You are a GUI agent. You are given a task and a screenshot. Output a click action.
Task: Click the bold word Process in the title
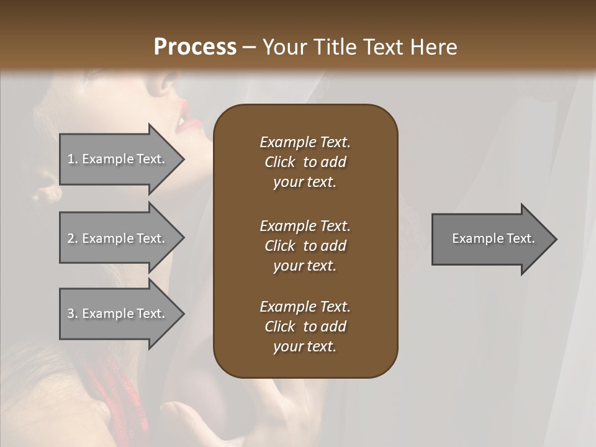tap(195, 47)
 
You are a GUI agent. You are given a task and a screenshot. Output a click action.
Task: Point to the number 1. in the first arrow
tap(73, 159)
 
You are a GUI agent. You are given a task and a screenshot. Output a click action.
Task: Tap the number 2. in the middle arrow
tap(73, 238)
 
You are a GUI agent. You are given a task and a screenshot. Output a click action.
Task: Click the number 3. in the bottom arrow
tap(73, 314)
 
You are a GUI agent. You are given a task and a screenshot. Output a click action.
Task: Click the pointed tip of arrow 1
tap(183, 159)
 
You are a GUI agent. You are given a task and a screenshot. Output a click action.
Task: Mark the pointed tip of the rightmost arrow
tap(555, 239)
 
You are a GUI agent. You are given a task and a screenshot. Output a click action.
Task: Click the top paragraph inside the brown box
tap(305, 162)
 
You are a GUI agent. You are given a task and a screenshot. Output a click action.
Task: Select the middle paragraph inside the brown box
tap(305, 245)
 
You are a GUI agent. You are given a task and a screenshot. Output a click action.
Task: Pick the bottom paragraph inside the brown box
tap(305, 327)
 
